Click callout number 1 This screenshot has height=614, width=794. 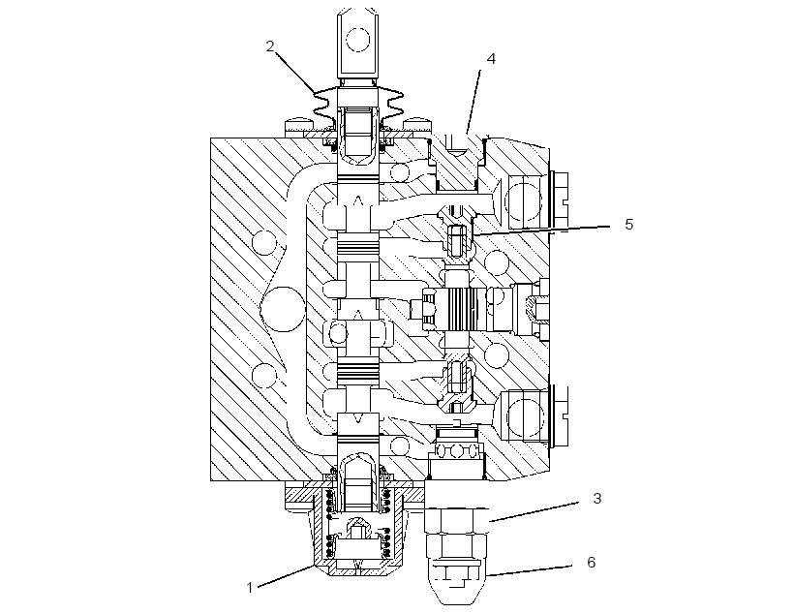click(249, 588)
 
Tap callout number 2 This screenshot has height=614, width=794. click(270, 46)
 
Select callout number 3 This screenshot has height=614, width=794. click(597, 499)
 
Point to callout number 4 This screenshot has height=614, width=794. click(491, 59)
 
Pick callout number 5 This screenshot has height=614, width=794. click(629, 224)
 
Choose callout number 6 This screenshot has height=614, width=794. click(591, 563)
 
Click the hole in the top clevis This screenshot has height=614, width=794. click(358, 40)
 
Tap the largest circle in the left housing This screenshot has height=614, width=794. click(284, 309)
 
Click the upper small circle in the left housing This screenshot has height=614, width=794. click(265, 242)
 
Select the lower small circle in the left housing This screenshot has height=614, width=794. click(264, 376)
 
